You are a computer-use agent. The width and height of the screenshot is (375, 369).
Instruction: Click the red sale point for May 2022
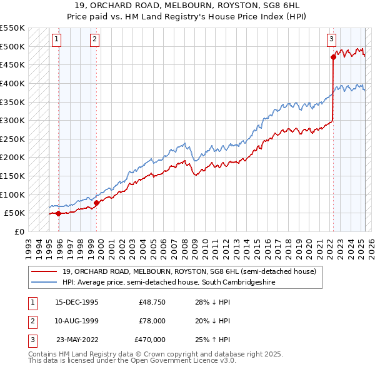coord(333,58)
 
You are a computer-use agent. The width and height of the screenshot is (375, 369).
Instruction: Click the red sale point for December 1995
coord(58,213)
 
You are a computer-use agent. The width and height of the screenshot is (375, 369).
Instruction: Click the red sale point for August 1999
coord(96,203)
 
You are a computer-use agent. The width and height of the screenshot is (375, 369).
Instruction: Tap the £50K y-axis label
coord(14,213)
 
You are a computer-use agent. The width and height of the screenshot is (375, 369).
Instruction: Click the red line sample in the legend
coord(44,272)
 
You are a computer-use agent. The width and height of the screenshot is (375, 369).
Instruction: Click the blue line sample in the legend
coord(44,282)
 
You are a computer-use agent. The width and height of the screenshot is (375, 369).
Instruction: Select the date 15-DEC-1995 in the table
coord(77,302)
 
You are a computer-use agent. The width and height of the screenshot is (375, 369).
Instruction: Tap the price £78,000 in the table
coord(151,321)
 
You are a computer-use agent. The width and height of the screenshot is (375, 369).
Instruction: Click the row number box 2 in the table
coord(31,321)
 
